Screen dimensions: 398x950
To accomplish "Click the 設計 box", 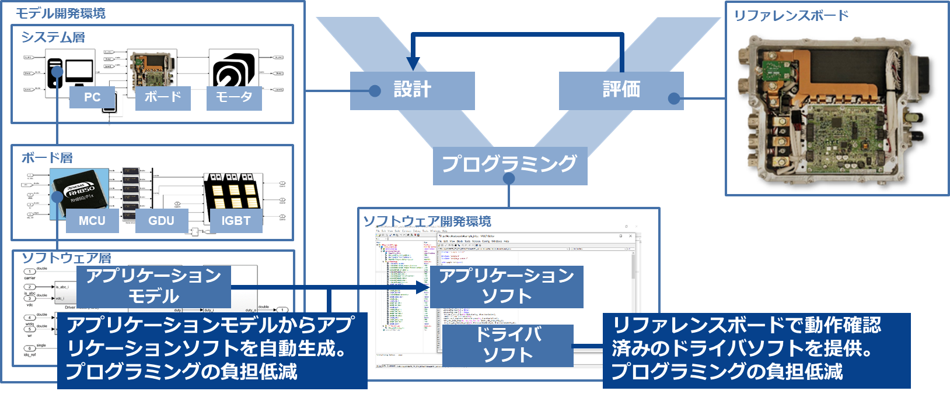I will (412, 90).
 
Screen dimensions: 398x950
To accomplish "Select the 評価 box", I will (621, 90).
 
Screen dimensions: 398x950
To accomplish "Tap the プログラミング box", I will (509, 165).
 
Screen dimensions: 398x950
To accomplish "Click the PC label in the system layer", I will (92, 98).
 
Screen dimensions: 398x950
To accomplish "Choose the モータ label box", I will (234, 97).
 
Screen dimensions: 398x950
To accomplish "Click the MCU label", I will (92, 221).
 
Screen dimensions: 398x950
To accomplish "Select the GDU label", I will (161, 221).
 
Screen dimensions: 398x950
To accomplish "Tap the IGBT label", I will (236, 221).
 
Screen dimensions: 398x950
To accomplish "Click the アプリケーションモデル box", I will (153, 286).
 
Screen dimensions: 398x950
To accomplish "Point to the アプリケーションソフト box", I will (507, 286).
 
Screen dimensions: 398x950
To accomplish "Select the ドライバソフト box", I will (508, 345).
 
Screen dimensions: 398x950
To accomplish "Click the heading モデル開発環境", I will (61, 13).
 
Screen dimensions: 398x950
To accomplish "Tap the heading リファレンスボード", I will (791, 16).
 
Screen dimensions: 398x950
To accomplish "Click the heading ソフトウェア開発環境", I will (427, 221).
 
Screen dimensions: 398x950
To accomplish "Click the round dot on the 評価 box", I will (674, 98).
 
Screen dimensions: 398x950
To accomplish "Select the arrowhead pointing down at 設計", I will (413, 64).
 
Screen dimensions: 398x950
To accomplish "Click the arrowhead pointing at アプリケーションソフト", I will (424, 287).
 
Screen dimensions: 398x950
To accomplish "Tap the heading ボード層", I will (47, 157).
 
